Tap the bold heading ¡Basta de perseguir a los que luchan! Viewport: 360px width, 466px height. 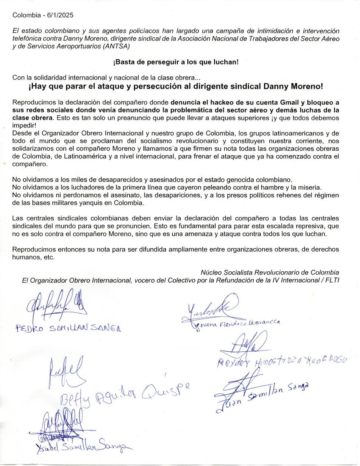click(176, 62)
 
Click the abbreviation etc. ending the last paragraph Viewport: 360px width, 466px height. click(49, 257)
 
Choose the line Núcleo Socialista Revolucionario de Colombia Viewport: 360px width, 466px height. click(270, 272)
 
